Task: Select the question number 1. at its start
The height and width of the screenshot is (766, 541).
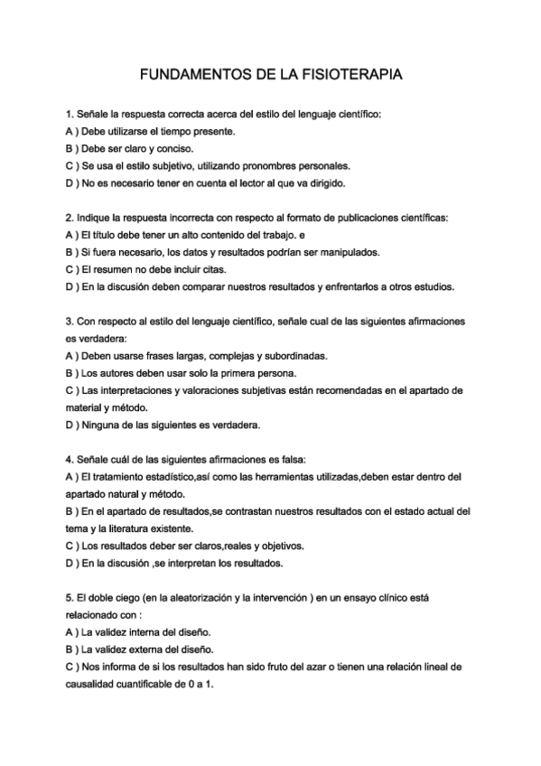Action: [70, 115]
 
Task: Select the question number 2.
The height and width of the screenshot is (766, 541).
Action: [70, 218]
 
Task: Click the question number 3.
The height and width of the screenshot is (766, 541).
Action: [70, 321]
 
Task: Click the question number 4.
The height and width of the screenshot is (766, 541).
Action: [70, 459]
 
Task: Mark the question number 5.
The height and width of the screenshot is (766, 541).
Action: [70, 597]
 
